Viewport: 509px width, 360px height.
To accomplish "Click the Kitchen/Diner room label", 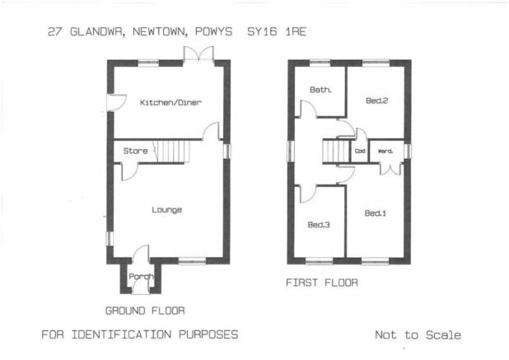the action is point(170,103).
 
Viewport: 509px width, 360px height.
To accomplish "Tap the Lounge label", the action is point(167,210).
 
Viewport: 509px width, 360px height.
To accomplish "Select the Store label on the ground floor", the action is point(135,151).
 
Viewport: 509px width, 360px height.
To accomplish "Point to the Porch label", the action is point(141,277).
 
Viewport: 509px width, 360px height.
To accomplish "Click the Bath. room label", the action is point(320,90).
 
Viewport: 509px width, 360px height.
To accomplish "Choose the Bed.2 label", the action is point(376,101).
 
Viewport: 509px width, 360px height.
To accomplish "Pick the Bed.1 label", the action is point(376,213).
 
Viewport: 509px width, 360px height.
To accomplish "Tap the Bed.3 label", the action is point(319,225).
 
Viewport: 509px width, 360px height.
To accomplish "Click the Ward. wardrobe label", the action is point(385,151).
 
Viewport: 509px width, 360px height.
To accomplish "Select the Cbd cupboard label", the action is point(360,151).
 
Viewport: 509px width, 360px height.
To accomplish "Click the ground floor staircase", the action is point(171,152).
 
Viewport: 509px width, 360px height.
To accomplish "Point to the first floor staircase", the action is point(336,152).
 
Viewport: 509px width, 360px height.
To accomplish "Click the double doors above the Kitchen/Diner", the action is point(198,54).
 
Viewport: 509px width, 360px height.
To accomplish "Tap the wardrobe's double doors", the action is point(390,170).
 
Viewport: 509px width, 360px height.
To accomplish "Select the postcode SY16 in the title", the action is point(262,32).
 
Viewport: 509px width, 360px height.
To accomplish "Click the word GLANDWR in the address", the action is point(97,32).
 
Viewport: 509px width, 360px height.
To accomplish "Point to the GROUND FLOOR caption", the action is point(145,311).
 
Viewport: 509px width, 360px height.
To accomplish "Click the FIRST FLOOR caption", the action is point(322,283).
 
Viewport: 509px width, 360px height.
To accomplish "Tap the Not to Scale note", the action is point(418,335).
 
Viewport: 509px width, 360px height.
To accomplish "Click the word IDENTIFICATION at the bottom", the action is point(121,334).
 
